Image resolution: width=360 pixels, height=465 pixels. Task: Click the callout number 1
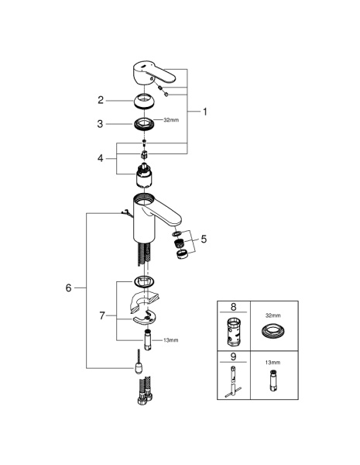(x=204, y=112)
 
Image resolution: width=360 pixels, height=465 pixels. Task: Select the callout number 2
(x=101, y=100)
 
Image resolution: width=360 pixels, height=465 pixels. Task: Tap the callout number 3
(x=100, y=124)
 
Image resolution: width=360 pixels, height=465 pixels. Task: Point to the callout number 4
(x=101, y=158)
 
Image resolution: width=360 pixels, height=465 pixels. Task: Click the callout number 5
(x=204, y=239)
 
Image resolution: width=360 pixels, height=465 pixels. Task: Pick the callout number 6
(x=68, y=288)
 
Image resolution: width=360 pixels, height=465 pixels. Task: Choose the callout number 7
(x=102, y=315)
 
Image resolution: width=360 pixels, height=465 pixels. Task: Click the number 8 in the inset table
(x=234, y=307)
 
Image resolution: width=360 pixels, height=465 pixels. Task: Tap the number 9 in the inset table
(x=233, y=356)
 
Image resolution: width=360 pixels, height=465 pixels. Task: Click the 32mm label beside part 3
(x=171, y=120)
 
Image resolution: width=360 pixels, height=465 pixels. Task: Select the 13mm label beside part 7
(x=171, y=340)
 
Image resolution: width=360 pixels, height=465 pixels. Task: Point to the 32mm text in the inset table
(x=273, y=315)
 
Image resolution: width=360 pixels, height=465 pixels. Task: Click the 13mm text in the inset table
(x=273, y=363)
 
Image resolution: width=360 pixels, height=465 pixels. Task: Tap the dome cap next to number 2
(x=143, y=102)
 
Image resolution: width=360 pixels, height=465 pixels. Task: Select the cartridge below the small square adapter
(x=144, y=176)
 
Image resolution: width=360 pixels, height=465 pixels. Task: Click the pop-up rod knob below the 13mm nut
(x=138, y=367)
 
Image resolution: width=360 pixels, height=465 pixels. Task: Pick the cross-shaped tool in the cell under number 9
(x=233, y=382)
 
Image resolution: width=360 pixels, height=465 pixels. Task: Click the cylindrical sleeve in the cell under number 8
(x=235, y=332)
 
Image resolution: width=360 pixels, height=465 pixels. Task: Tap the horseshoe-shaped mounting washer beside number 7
(x=144, y=317)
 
